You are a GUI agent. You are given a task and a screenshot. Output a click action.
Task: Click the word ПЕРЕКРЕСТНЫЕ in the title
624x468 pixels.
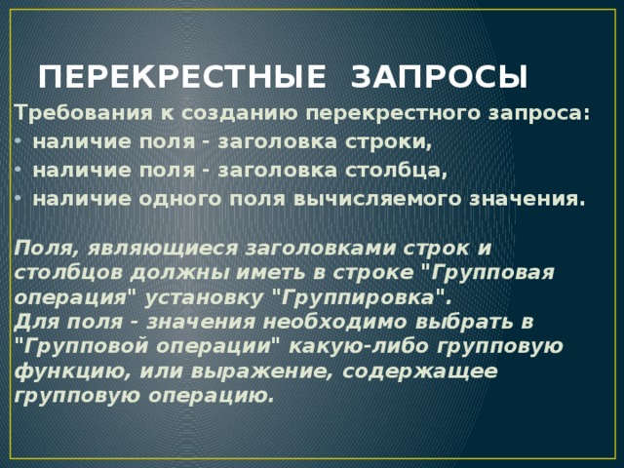tap(179, 77)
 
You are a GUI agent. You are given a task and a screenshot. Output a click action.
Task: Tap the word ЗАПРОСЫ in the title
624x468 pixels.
tap(439, 77)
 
